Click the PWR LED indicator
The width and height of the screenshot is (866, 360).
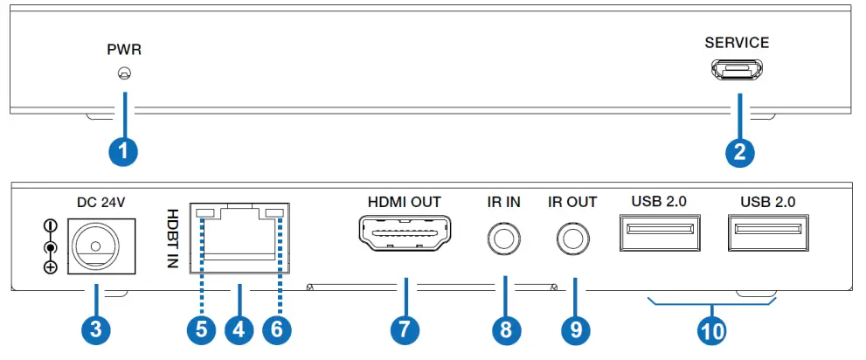124,74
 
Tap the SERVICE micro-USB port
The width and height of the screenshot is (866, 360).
738,69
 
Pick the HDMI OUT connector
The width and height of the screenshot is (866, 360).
405,234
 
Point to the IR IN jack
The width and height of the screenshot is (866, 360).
503,236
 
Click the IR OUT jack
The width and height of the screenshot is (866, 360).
572,236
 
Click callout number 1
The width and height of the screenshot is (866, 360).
124,151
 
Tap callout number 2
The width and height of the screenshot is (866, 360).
739,151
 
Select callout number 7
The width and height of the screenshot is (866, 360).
405,330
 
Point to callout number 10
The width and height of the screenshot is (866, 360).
711,330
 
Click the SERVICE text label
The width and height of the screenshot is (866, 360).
738,43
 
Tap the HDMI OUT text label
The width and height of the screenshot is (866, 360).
405,202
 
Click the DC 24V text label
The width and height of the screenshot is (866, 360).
101,202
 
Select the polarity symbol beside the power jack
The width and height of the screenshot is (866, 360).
51,246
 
